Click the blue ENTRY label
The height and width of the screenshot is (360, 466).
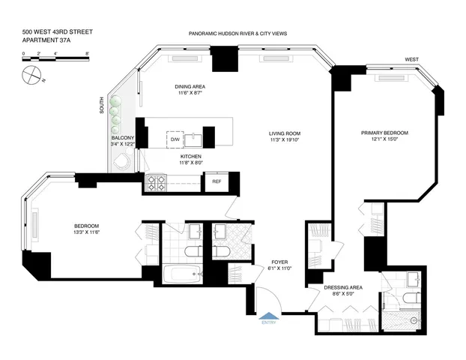267,323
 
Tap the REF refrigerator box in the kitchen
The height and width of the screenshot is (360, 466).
217,181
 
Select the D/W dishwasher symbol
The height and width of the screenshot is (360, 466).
175,140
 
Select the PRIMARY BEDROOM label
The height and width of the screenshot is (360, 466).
384,133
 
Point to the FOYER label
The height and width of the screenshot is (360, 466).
279,262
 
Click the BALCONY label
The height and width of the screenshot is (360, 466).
122,138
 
